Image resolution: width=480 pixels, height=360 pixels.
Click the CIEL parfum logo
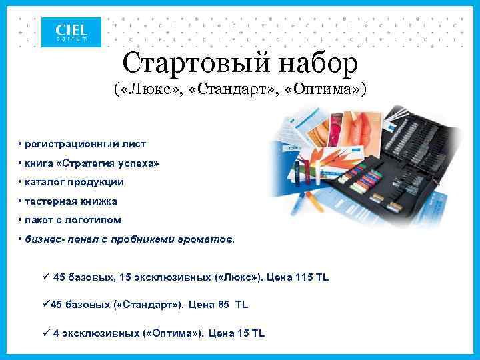coord(71,32)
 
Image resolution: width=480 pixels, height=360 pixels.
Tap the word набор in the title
coord(320,63)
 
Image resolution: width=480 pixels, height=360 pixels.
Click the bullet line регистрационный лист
coord(85,143)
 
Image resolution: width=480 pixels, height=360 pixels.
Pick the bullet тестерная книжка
coord(71,201)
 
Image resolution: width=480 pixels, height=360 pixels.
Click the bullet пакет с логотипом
coord(73,219)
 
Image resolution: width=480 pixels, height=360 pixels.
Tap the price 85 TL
coord(233,304)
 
